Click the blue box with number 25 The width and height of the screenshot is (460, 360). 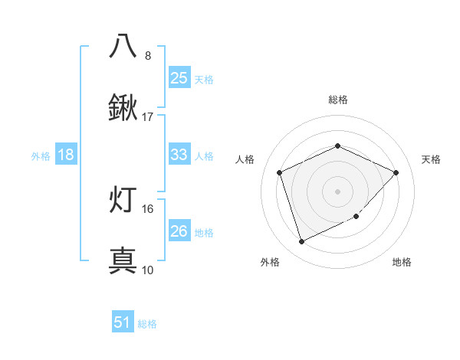tap(179, 77)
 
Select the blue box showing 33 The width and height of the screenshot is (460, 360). tap(179, 155)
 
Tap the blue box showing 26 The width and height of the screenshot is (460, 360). tap(179, 231)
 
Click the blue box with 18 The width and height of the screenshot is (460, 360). tap(66, 155)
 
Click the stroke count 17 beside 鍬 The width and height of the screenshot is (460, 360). tap(148, 117)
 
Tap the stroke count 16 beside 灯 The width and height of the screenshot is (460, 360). tap(148, 208)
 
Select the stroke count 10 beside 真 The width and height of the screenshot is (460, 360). tap(148, 270)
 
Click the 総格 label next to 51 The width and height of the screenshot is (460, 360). tap(147, 324)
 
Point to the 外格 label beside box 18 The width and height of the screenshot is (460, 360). tap(41, 156)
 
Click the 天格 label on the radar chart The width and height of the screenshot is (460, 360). tap(431, 159)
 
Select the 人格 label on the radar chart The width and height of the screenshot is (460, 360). tap(245, 159)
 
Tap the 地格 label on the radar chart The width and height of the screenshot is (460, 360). tap(402, 262)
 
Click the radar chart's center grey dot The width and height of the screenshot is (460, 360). tap(337, 191)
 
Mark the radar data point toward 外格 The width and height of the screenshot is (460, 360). tap(301, 241)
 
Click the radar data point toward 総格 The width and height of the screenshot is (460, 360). tap(337, 146)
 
